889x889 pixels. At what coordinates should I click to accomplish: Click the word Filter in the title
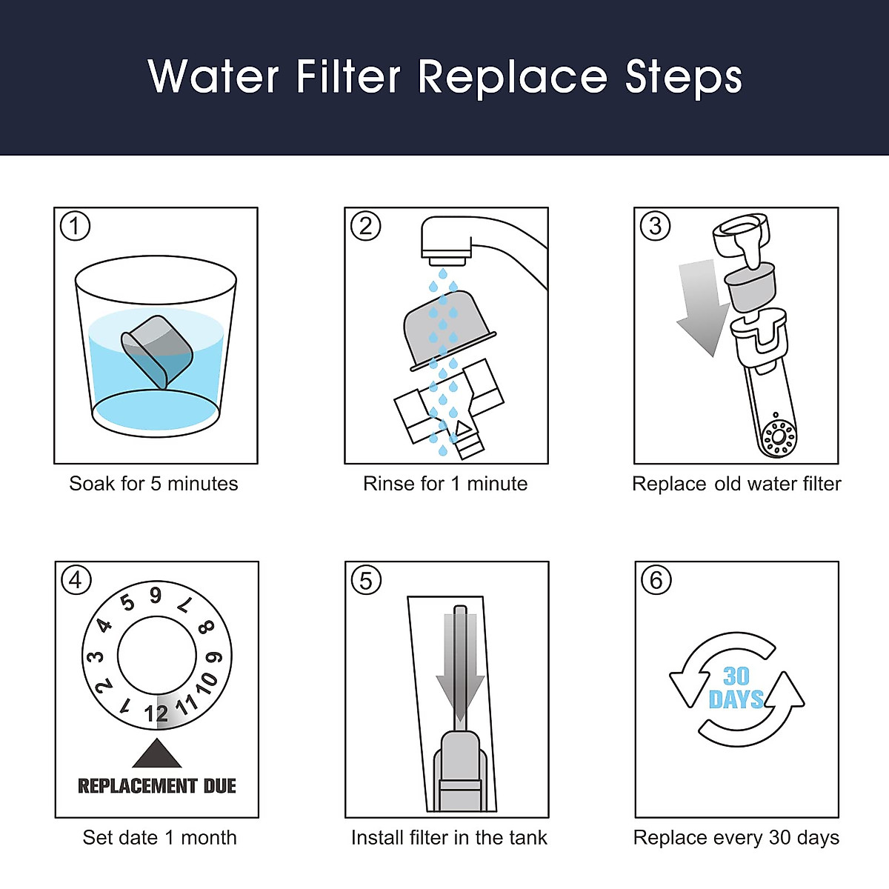click(x=348, y=76)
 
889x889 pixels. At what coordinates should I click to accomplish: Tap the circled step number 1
click(x=75, y=226)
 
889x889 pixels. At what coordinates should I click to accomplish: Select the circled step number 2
click(x=365, y=226)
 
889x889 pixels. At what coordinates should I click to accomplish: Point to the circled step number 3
click(x=655, y=226)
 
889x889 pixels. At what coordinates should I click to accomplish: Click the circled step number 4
click(x=76, y=580)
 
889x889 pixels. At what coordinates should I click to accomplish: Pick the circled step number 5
click(x=366, y=580)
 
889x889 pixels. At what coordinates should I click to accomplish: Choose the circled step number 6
click(x=656, y=580)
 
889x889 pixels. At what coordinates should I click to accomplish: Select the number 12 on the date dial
click(x=156, y=713)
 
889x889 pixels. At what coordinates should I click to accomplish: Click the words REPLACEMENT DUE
click(x=157, y=786)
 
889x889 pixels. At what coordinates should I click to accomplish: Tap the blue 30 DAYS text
click(x=736, y=687)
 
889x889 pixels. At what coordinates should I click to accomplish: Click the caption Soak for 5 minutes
click(x=153, y=484)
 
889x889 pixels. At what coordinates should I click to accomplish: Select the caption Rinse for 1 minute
click(x=445, y=484)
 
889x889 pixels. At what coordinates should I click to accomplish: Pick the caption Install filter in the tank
click(x=449, y=838)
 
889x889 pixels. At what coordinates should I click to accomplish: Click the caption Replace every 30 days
click(x=736, y=838)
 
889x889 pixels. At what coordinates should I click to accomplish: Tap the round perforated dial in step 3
click(x=778, y=436)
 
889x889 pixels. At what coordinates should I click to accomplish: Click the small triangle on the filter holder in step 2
click(x=462, y=428)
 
